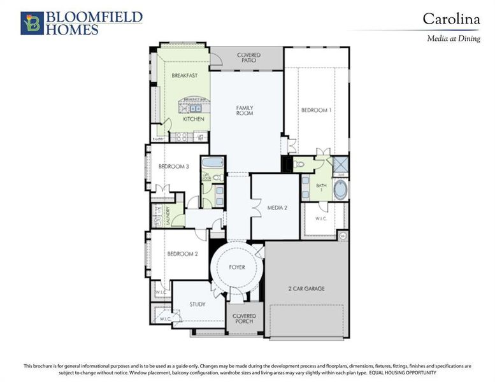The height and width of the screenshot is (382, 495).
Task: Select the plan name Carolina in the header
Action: pos(451,19)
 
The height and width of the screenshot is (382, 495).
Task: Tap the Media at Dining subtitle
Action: pos(453,38)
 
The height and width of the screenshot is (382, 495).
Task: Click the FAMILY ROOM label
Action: pos(245,110)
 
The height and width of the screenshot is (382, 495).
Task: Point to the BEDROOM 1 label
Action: pos(317,110)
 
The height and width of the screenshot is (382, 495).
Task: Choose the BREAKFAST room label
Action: pos(184,75)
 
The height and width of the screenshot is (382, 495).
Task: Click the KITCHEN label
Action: pos(194,119)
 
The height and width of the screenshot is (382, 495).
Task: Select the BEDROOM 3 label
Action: pos(174,167)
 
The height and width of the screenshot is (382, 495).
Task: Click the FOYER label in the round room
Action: pos(237,267)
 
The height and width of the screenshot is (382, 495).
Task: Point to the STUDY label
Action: pos(197,304)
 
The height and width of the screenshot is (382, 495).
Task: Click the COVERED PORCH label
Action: pos(243,319)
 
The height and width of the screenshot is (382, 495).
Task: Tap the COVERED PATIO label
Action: pos(248,58)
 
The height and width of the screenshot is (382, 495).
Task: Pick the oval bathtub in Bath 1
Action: pos(341,189)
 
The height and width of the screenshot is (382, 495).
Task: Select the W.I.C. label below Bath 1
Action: pos(321,218)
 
